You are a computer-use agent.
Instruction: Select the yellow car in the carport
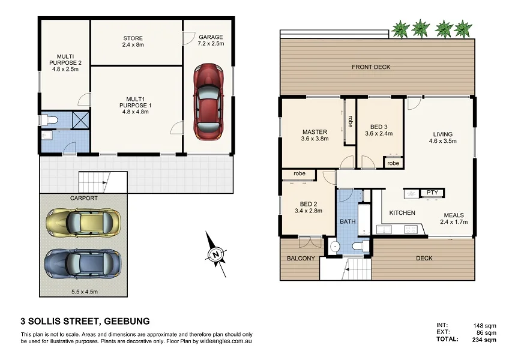pyautogui.click(x=82, y=223)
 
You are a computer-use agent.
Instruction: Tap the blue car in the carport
pyautogui.click(x=82, y=263)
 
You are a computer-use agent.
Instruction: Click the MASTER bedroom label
pyautogui.click(x=314, y=132)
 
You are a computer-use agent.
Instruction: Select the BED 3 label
pyautogui.click(x=379, y=127)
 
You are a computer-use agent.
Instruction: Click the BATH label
pyautogui.click(x=348, y=221)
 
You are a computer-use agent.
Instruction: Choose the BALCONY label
pyautogui.click(x=301, y=259)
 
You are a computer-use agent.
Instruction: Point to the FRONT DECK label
pyautogui.click(x=371, y=67)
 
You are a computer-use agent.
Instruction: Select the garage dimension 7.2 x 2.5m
pyautogui.click(x=211, y=44)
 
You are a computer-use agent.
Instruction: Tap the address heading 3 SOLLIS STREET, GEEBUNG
pyautogui.click(x=85, y=321)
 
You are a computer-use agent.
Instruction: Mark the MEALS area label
pyautogui.click(x=453, y=215)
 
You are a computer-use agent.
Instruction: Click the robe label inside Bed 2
pyautogui.click(x=300, y=174)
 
